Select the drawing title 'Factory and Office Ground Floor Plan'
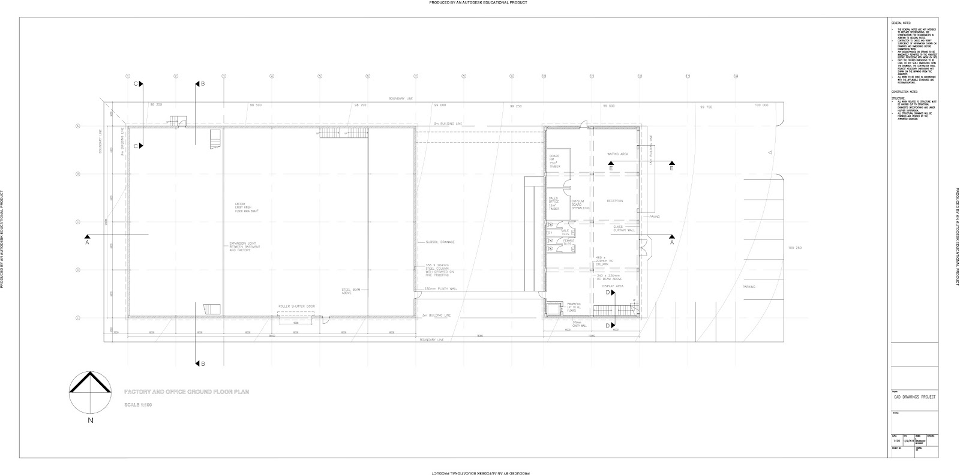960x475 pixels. [186, 392]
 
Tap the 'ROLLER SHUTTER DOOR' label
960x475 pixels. [296, 306]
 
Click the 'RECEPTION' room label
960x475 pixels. [615, 201]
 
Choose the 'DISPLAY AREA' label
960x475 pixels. [613, 287]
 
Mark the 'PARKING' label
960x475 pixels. [749, 287]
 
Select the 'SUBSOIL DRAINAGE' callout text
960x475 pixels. [440, 242]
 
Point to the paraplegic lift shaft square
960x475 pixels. [553, 308]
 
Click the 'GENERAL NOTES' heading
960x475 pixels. [901, 23]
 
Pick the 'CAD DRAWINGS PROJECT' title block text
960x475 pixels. [914, 397]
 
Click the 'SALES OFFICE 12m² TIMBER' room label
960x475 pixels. [554, 203]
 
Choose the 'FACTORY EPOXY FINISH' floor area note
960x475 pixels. [245, 207]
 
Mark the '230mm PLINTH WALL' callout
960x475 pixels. [441, 289]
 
